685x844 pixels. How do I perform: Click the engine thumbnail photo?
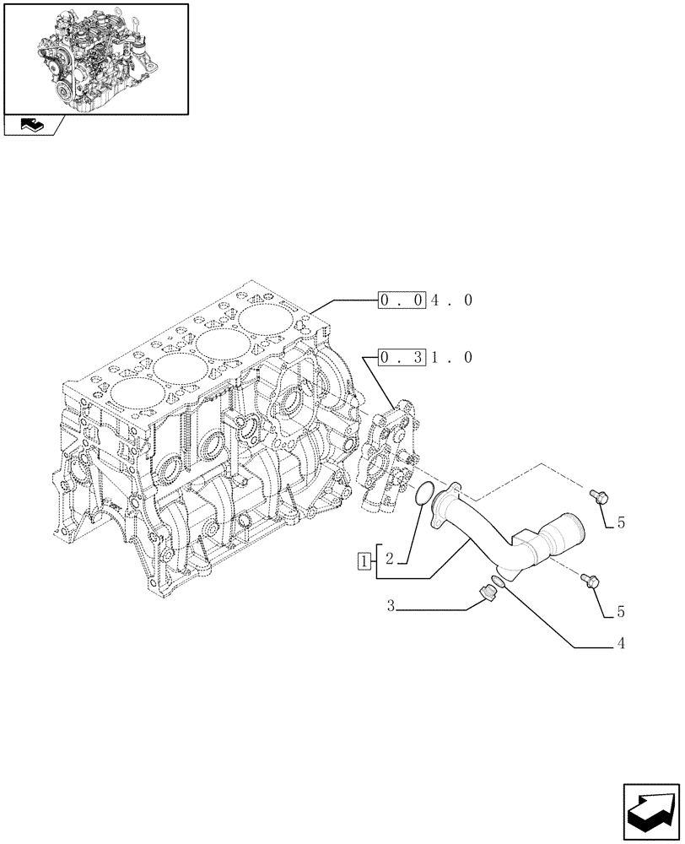coord(95,57)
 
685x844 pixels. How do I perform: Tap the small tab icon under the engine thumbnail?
coord(33,125)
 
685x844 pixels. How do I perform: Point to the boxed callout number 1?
coord(363,559)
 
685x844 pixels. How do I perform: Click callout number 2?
coord(389,559)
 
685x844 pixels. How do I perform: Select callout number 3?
coord(391,605)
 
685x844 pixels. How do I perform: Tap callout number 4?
coord(621,644)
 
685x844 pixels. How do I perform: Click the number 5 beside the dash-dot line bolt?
coord(621,523)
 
